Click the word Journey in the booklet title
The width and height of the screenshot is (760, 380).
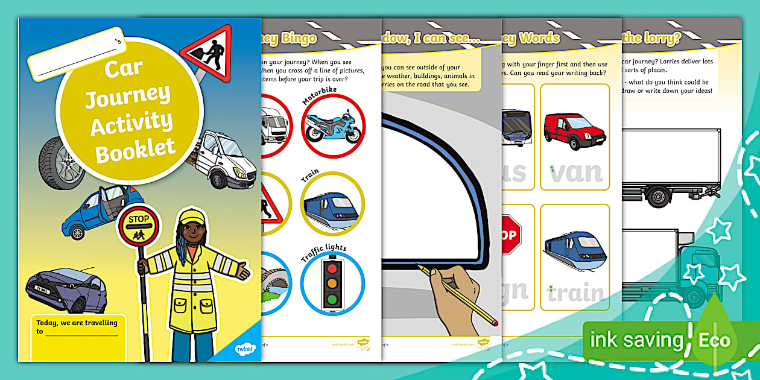pyautogui.click(x=127, y=95)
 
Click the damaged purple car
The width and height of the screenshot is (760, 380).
pyautogui.click(x=66, y=289)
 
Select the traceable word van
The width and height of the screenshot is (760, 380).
pyautogui.click(x=576, y=172)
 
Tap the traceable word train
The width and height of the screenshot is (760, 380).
pyautogui.click(x=576, y=293)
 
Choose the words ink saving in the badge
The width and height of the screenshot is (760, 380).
pyautogui.click(x=636, y=340)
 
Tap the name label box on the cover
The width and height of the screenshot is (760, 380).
pyautogui.click(x=75, y=54)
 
